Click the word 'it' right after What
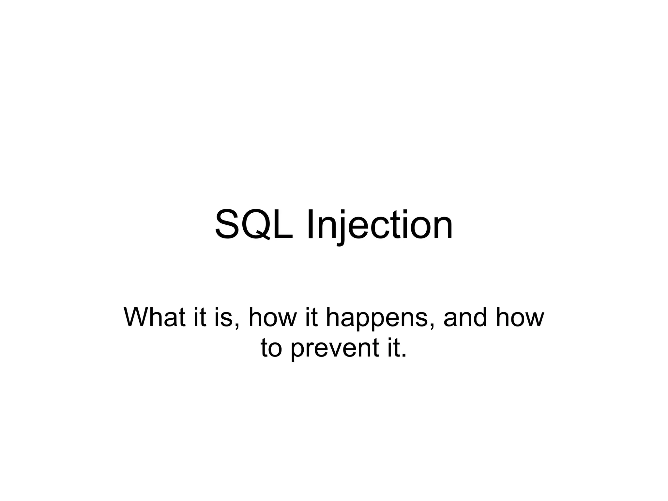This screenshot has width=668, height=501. (x=200, y=317)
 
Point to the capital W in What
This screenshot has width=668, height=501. (x=137, y=317)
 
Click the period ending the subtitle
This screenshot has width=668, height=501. (x=404, y=356)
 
